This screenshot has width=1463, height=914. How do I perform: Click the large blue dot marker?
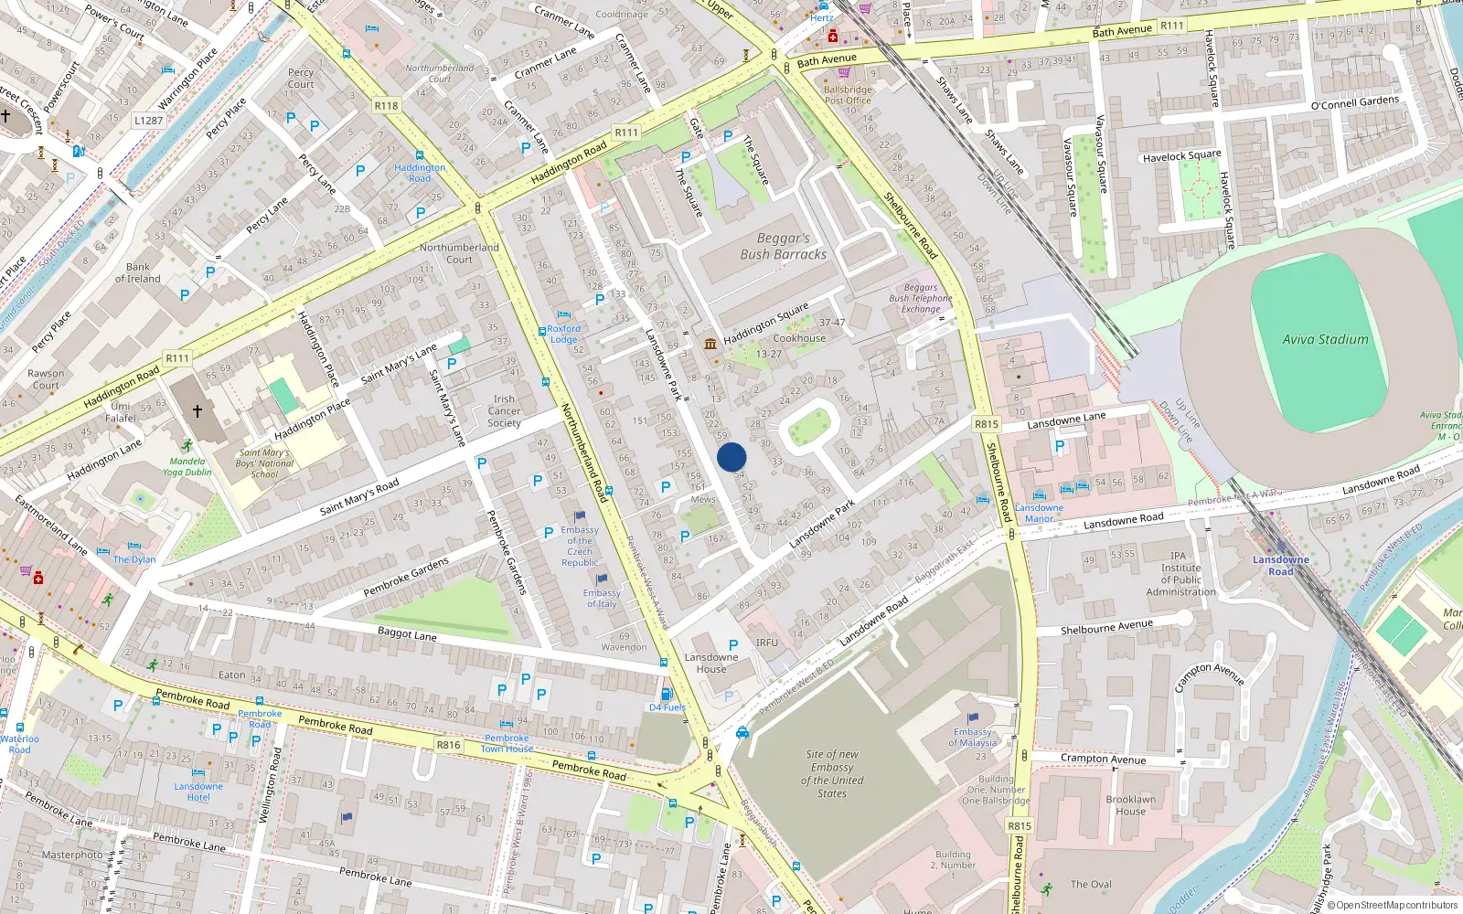tap(731, 457)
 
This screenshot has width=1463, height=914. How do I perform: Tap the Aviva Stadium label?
tap(1325, 339)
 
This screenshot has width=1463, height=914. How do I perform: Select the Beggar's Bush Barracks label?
tap(783, 247)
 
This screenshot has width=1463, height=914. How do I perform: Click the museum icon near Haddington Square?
tap(710, 343)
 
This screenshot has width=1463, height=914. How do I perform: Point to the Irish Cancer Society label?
tap(504, 411)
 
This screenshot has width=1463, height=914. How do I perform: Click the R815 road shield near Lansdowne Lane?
tap(987, 424)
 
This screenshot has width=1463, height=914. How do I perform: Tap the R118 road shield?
tap(386, 106)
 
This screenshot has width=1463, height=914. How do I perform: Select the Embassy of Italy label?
tap(601, 598)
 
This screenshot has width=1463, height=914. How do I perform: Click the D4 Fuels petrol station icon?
tap(667, 695)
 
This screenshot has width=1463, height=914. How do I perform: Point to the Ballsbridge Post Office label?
tap(848, 95)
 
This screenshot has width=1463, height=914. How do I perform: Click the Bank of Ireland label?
tap(137, 273)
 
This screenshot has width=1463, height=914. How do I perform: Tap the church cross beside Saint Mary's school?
tap(198, 411)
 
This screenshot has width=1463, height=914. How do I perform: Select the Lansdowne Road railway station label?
tap(1280, 565)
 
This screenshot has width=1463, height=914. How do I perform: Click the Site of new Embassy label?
tap(832, 773)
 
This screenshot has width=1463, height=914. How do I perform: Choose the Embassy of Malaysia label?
tap(972, 737)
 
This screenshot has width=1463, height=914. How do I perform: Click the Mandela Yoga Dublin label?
tap(187, 466)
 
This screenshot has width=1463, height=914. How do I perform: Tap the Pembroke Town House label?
tap(507, 743)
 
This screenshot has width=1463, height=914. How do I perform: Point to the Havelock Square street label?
tap(1181, 156)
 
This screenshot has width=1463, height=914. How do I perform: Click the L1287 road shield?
tap(148, 121)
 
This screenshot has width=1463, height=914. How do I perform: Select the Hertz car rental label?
tap(821, 17)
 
